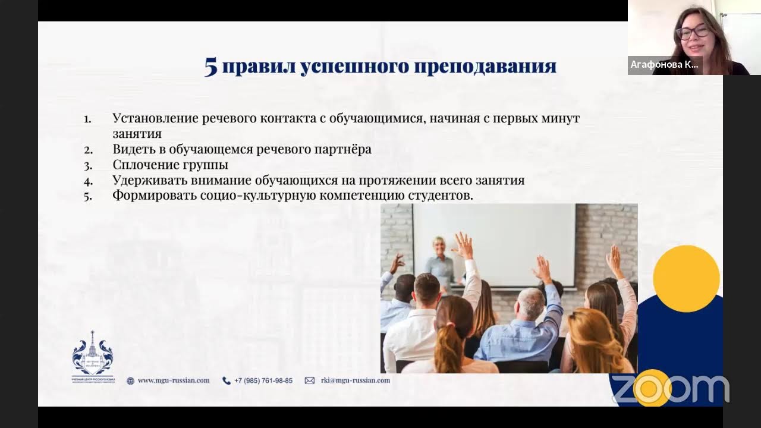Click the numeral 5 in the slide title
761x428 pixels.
point(211,67)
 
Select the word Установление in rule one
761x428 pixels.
point(155,118)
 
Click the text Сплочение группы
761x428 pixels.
point(170,165)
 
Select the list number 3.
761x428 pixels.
point(88,165)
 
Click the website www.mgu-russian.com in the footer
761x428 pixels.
point(174,380)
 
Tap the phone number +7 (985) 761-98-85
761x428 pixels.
point(263,380)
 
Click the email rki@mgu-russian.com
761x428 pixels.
point(355,380)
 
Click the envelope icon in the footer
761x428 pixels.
point(310,380)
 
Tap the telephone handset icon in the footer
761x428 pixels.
point(226,380)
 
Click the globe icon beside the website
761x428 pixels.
point(130,380)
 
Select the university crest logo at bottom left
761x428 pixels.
point(93,355)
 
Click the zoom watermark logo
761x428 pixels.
point(670,389)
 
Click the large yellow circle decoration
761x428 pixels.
point(686,278)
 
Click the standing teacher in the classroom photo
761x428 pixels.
point(441,262)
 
